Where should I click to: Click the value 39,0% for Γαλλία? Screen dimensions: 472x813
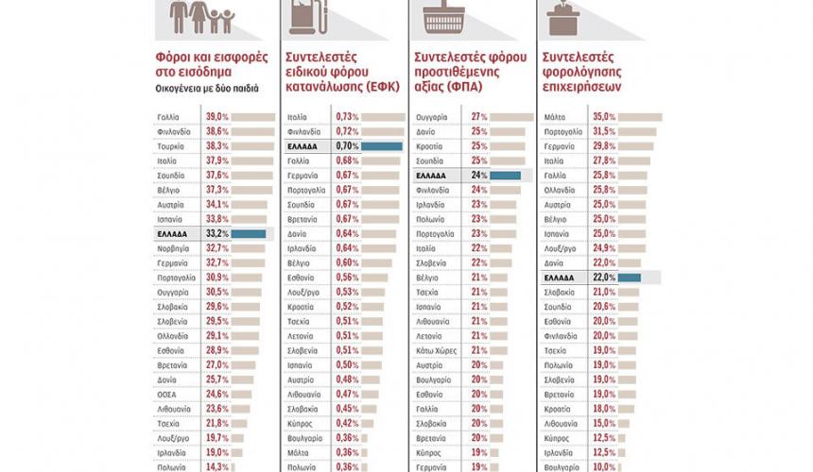217,116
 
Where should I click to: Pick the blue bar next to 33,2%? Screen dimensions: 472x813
249,233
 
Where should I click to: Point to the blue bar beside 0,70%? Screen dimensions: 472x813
381,146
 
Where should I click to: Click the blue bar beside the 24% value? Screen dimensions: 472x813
505,176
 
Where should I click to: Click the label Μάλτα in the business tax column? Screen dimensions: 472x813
557,116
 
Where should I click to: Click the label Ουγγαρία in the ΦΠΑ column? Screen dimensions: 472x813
432,116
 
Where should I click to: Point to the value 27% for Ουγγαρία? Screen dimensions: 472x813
478,116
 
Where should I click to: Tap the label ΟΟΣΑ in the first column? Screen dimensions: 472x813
166,394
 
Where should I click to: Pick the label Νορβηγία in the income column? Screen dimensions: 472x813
173,248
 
